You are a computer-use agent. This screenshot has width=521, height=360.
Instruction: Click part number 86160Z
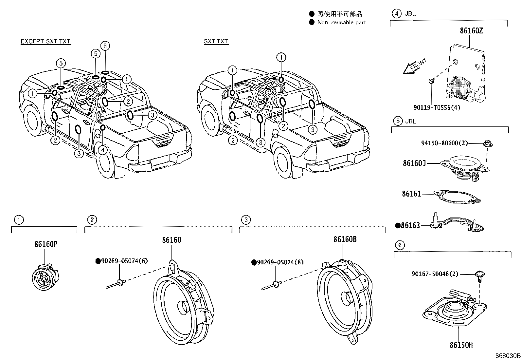pos(471,31)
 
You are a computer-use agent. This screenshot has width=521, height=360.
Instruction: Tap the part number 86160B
pos(345,239)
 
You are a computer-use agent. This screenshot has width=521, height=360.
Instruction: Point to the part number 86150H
pos(461,345)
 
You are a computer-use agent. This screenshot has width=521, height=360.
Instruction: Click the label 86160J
pos(414,163)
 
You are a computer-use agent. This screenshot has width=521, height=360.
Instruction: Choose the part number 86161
pos(411,194)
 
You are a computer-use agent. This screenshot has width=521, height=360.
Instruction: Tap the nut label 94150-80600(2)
pos(444,143)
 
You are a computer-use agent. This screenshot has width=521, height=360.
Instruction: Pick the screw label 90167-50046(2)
pos(440,274)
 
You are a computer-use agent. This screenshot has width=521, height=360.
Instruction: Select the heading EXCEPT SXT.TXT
pos(45,41)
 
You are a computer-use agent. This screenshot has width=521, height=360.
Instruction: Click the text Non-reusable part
pos(342,22)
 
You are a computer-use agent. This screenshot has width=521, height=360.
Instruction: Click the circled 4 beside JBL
pos(396,13)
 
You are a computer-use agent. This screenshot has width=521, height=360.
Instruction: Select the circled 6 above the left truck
pos(105,46)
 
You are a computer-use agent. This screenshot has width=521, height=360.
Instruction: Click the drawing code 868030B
pos(507,356)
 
